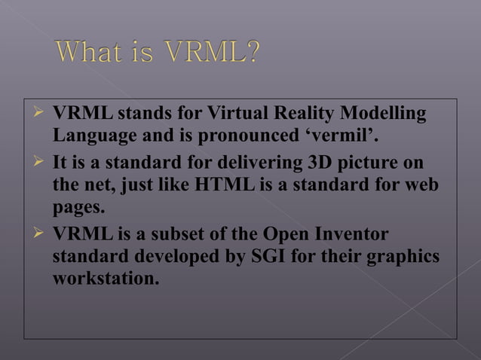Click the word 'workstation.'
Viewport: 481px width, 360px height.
(x=106, y=278)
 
